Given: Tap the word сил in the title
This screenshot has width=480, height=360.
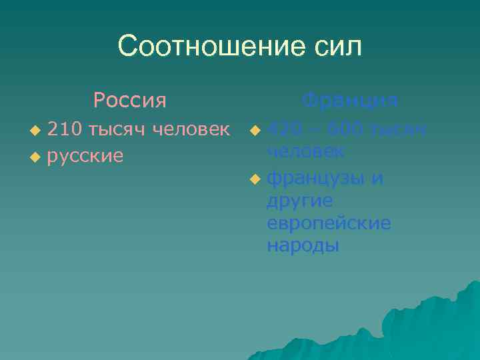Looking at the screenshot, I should click(x=339, y=47).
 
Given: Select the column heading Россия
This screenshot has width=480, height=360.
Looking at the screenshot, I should click(x=130, y=101).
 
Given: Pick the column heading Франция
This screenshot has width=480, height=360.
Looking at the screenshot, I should click(x=350, y=101).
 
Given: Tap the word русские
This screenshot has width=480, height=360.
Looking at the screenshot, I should click(x=86, y=156).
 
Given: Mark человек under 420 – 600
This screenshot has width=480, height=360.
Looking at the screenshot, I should click(x=305, y=151).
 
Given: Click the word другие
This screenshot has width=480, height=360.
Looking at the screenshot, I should click(x=300, y=201).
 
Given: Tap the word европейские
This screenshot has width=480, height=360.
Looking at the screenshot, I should click(x=329, y=223).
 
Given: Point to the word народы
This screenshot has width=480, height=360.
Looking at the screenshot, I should click(x=303, y=245).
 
